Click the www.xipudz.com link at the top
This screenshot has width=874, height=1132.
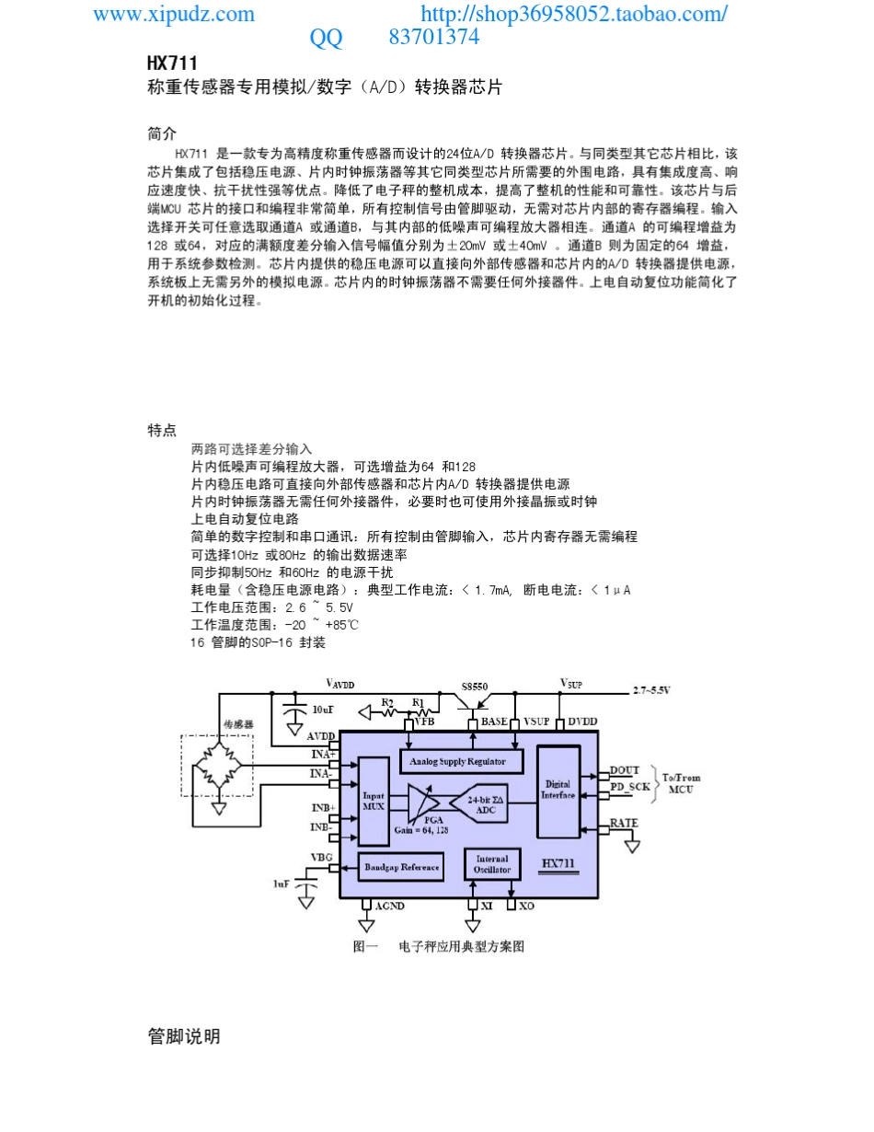(174, 14)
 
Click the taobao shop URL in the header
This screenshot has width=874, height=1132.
(574, 14)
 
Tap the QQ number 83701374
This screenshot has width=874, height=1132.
(433, 37)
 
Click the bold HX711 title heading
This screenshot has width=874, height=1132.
(172, 64)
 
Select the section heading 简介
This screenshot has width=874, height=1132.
(162, 133)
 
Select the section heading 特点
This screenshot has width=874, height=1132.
(162, 430)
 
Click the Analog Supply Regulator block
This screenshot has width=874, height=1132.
(461, 761)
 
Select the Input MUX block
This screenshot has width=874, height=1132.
(374, 801)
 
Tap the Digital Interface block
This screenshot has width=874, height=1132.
(558, 791)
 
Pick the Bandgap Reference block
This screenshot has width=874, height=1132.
(401, 867)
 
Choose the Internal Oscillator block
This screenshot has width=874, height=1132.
(492, 864)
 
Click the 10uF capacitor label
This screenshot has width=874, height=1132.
(322, 710)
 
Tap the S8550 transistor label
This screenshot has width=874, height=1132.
(474, 687)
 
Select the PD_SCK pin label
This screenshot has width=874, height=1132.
(630, 787)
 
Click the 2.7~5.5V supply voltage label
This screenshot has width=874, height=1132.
(651, 690)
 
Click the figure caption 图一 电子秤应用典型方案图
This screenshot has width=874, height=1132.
(438, 946)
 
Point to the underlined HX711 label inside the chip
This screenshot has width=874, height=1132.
(558, 863)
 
